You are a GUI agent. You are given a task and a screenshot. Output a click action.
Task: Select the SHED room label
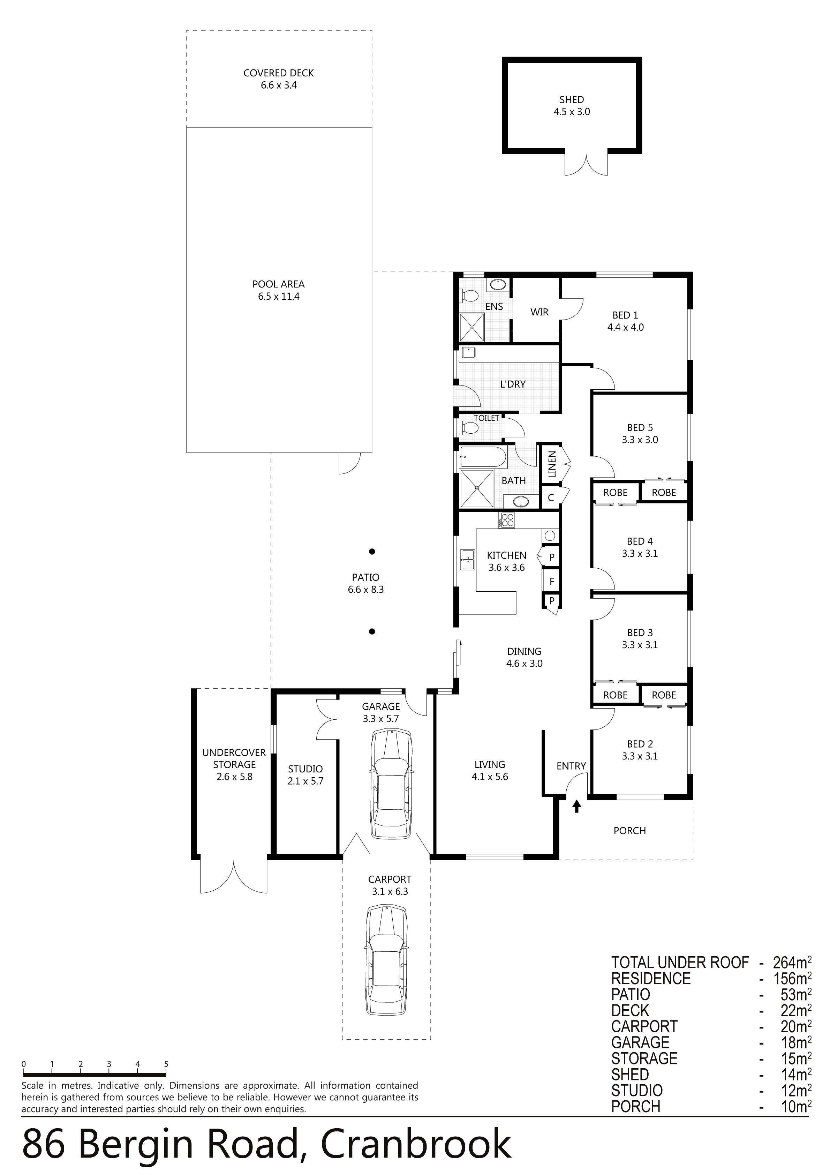(572, 100)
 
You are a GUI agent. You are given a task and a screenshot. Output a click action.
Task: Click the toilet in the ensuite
(470, 296)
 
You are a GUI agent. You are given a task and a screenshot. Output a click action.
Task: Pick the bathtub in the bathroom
(483, 456)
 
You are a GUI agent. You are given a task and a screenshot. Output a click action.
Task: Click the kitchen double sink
(468, 559)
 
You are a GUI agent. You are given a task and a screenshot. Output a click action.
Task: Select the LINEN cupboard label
(552, 464)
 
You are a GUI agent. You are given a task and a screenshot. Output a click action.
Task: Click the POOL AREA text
(278, 284)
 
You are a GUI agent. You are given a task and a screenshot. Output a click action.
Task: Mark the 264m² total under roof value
(792, 962)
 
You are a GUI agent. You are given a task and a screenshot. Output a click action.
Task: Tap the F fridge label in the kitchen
(552, 581)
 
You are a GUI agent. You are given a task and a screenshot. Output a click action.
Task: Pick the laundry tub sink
(469, 352)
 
